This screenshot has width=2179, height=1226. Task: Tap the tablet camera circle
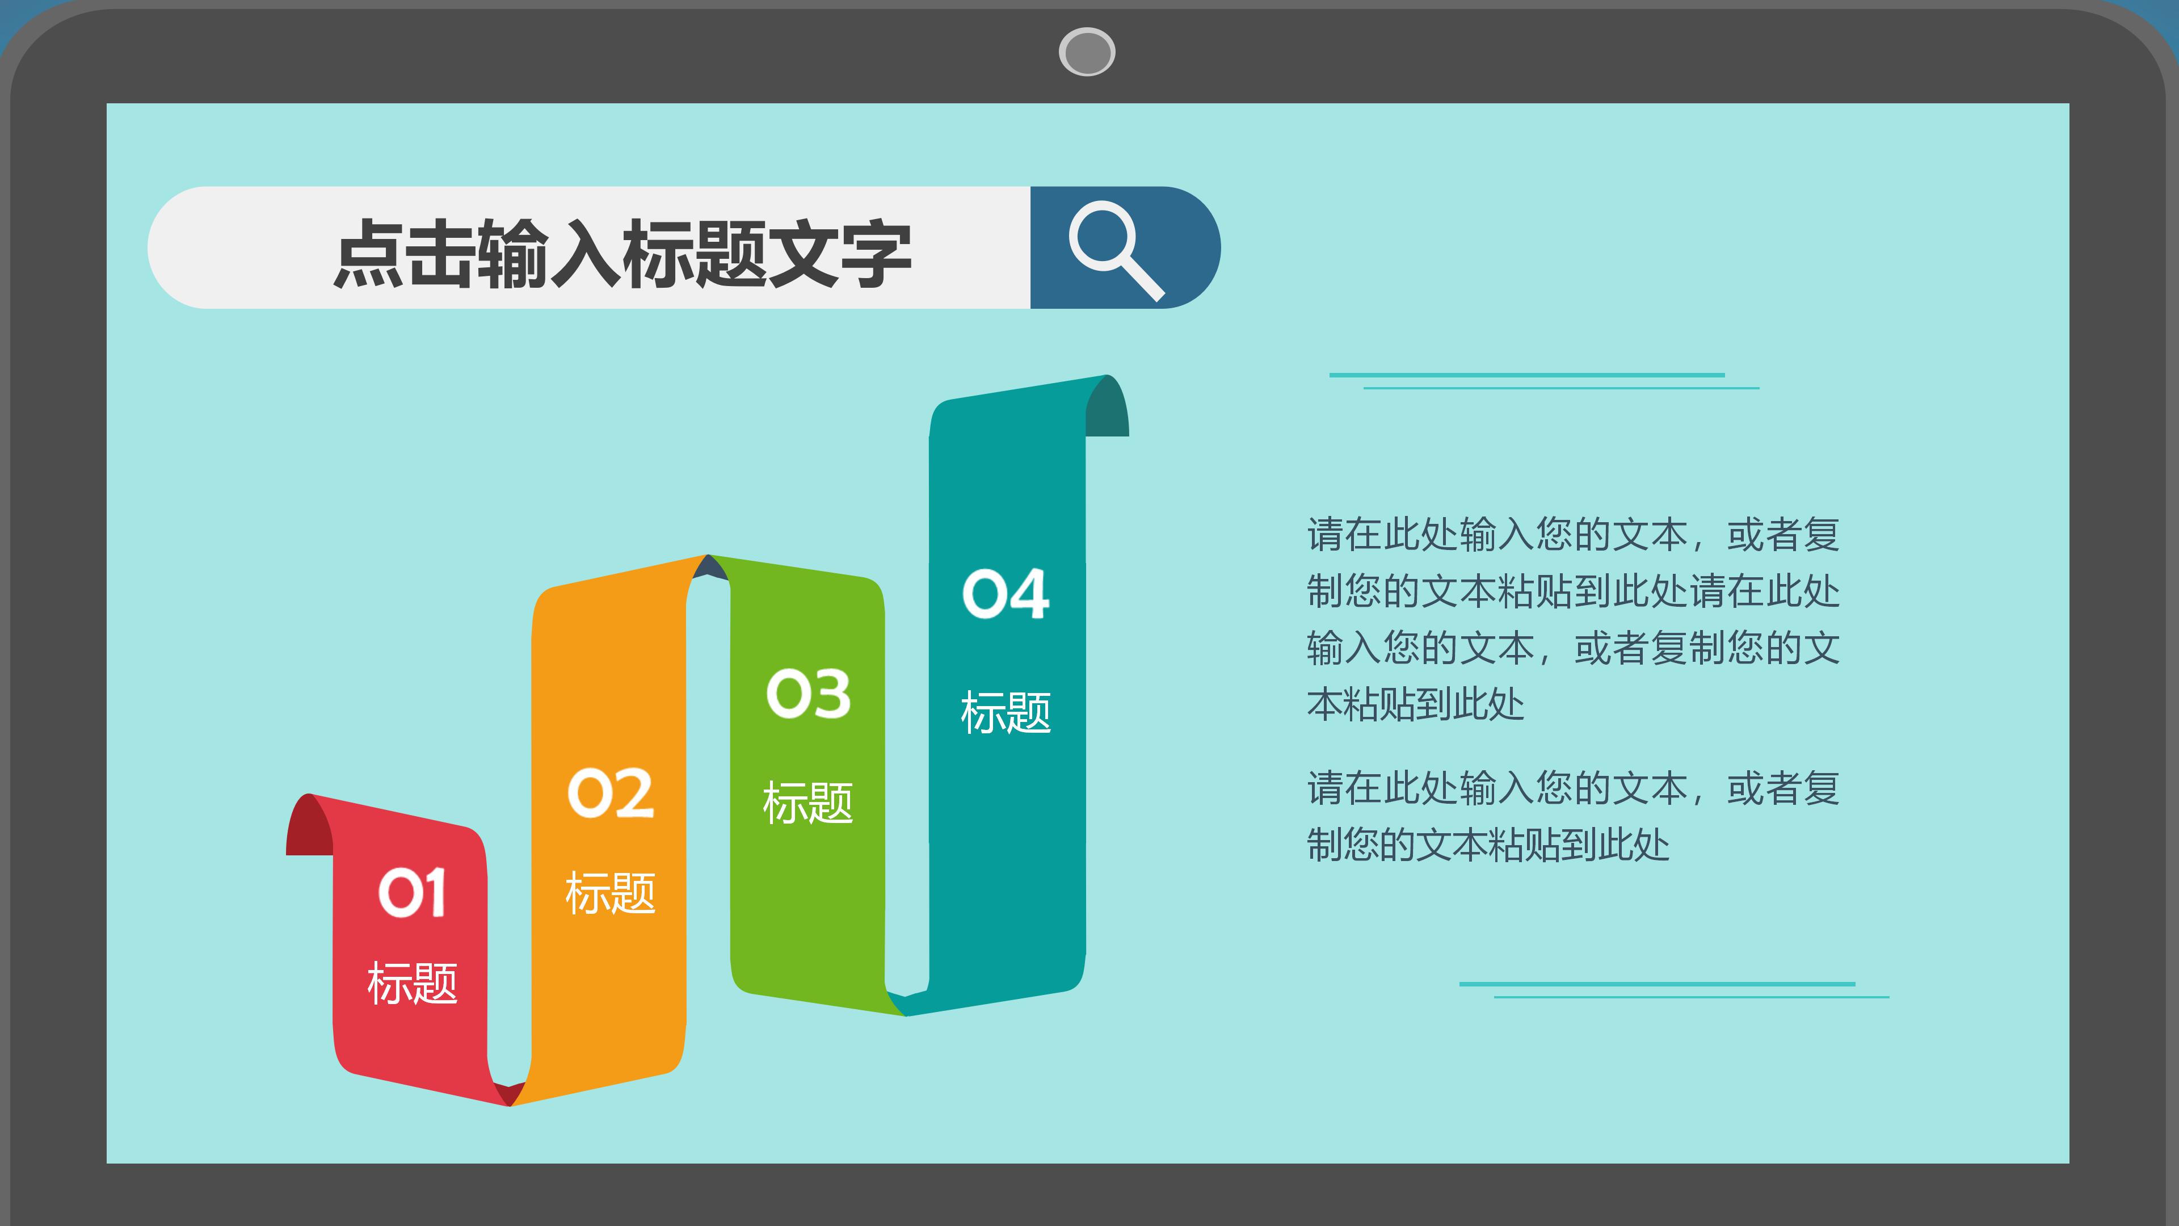pos(1087,52)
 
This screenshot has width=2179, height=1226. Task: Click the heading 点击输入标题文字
pos(622,252)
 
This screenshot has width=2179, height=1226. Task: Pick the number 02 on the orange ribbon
pos(610,793)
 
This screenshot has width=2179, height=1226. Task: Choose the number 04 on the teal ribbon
pos(1006,593)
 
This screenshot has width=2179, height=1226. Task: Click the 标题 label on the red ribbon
pos(412,983)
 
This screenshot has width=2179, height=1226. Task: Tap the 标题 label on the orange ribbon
pos(610,893)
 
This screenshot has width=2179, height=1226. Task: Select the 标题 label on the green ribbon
pos(808,802)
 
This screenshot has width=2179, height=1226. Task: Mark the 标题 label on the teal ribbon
pos(1006,712)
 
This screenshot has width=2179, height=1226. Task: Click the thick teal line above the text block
pos(1527,375)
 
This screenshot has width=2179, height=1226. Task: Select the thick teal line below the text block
pos(1656,984)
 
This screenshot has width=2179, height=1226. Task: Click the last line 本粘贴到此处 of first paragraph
pos(1415,704)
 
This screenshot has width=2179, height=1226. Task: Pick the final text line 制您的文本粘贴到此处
pos(1488,845)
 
